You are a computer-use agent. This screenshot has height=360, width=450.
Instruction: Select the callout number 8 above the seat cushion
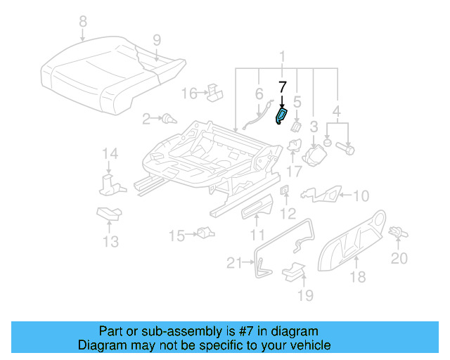pos(84,21)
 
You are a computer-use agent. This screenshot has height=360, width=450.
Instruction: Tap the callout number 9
pos(156,39)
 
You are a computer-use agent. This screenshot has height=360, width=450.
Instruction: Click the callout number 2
pos(146,120)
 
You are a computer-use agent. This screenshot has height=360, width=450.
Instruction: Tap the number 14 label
pos(109,154)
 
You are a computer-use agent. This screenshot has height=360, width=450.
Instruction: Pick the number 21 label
pos(234,263)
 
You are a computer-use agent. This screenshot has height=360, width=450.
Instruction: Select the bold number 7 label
pos(282,87)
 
